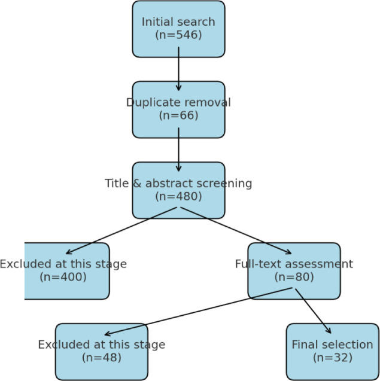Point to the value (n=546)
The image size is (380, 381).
[x=178, y=35]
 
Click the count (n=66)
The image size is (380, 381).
[x=178, y=115]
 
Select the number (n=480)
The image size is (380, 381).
[x=178, y=196]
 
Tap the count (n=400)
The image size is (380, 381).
[x=63, y=277]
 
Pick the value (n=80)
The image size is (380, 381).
[x=294, y=277]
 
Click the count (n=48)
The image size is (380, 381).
[x=101, y=358]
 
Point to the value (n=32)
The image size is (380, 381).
[x=332, y=358]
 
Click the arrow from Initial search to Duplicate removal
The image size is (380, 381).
[x=178, y=69]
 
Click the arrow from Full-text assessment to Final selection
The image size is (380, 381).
[x=312, y=312]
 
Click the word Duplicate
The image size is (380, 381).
[x=152, y=102]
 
